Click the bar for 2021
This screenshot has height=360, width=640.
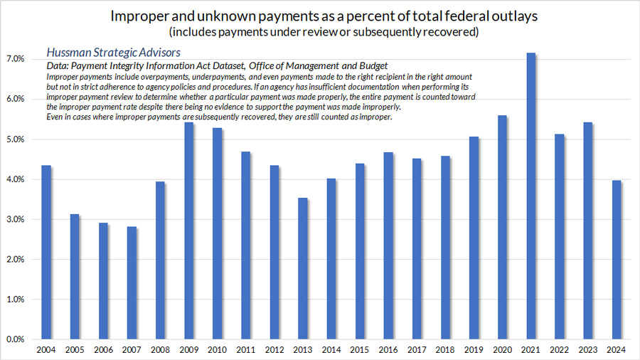530,196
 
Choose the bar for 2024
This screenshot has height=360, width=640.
616,260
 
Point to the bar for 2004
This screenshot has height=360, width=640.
47,252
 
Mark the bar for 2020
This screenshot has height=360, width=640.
502,227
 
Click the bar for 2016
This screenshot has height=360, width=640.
388,245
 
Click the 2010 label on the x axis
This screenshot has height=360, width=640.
218,351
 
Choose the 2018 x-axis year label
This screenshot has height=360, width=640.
445,351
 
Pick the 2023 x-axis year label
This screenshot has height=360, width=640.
587,351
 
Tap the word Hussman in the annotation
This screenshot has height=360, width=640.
72,53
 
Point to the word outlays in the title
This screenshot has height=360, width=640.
510,16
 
